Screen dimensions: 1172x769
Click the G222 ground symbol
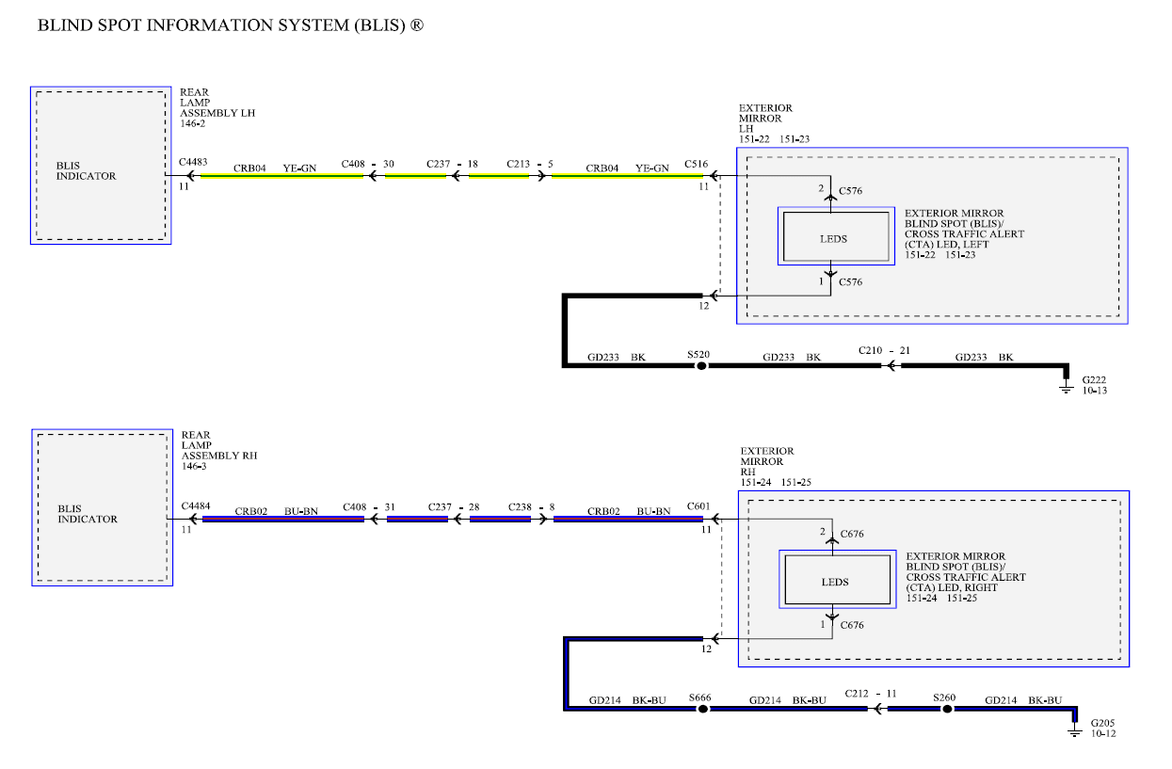click(1066, 387)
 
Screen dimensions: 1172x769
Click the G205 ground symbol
click(1074, 730)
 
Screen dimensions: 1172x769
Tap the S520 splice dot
click(701, 366)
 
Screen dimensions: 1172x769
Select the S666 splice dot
click(702, 710)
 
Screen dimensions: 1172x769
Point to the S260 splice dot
click(947, 710)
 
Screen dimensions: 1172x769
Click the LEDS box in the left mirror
click(836, 236)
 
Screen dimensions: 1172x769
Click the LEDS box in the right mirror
click(838, 579)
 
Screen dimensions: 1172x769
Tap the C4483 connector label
click(193, 162)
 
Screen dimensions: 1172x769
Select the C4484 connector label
click(196, 505)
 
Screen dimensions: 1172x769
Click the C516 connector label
click(696, 165)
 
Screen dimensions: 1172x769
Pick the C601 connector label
click(698, 505)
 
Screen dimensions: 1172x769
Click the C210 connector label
click(870, 350)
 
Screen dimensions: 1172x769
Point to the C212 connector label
click(857, 694)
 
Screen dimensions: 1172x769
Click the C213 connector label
click(518, 165)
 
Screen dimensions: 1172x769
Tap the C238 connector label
click(520, 507)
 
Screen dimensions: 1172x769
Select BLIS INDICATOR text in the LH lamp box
click(87, 171)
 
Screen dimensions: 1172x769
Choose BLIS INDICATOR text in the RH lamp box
click(88, 514)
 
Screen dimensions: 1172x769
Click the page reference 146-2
click(193, 124)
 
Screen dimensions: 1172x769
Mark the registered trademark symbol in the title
click(416, 24)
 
